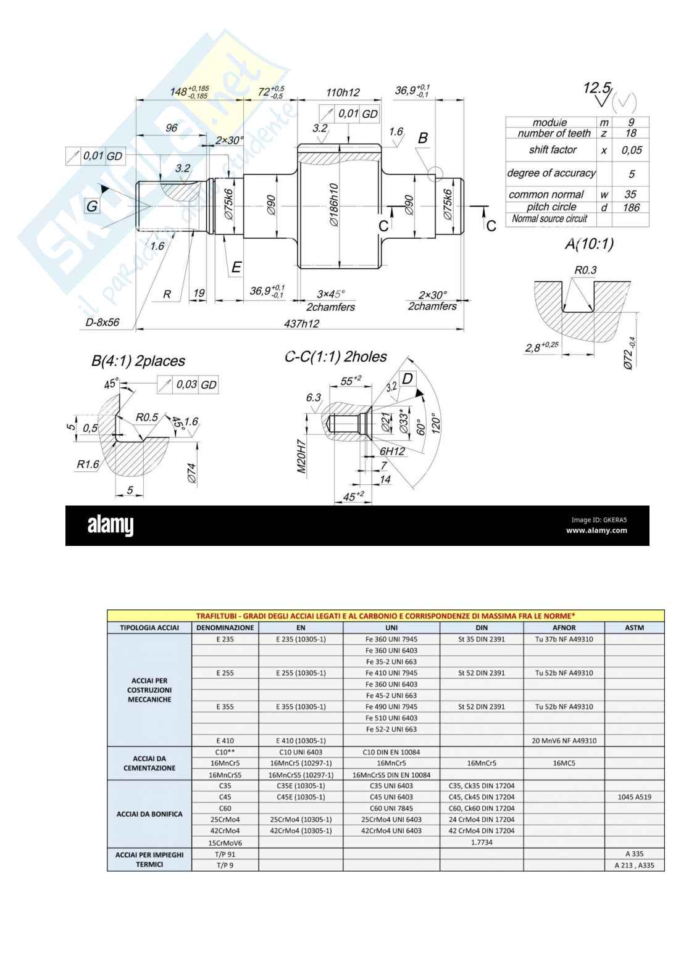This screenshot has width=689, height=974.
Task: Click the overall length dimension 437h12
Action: (x=301, y=323)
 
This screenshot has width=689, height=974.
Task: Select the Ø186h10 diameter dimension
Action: (x=334, y=204)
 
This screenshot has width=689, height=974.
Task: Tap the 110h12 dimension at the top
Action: (x=343, y=93)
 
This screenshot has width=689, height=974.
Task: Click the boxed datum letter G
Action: (x=92, y=206)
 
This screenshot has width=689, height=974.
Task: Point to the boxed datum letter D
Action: (x=407, y=378)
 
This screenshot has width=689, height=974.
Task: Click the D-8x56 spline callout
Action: (x=102, y=322)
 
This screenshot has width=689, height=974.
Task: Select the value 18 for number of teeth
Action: (x=630, y=133)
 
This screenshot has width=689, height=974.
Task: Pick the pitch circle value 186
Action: (x=631, y=207)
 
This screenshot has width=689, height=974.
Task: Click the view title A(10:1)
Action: (x=589, y=244)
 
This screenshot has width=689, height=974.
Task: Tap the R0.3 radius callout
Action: (x=585, y=270)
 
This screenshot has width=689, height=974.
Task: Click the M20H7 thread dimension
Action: (x=302, y=456)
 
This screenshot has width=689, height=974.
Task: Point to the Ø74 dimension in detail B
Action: (x=191, y=473)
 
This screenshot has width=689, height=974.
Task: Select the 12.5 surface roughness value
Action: (x=597, y=88)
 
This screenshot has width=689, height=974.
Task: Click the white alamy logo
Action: (x=111, y=526)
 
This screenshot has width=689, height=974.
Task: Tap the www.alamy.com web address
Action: (x=596, y=530)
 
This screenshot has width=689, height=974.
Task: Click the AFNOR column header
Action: (x=564, y=627)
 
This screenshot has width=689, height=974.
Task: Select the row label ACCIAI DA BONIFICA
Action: (x=149, y=814)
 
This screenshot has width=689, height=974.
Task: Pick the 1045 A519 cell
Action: (x=634, y=797)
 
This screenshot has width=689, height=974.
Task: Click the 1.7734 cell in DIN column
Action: (x=482, y=842)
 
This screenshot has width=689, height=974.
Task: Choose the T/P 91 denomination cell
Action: (x=225, y=854)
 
